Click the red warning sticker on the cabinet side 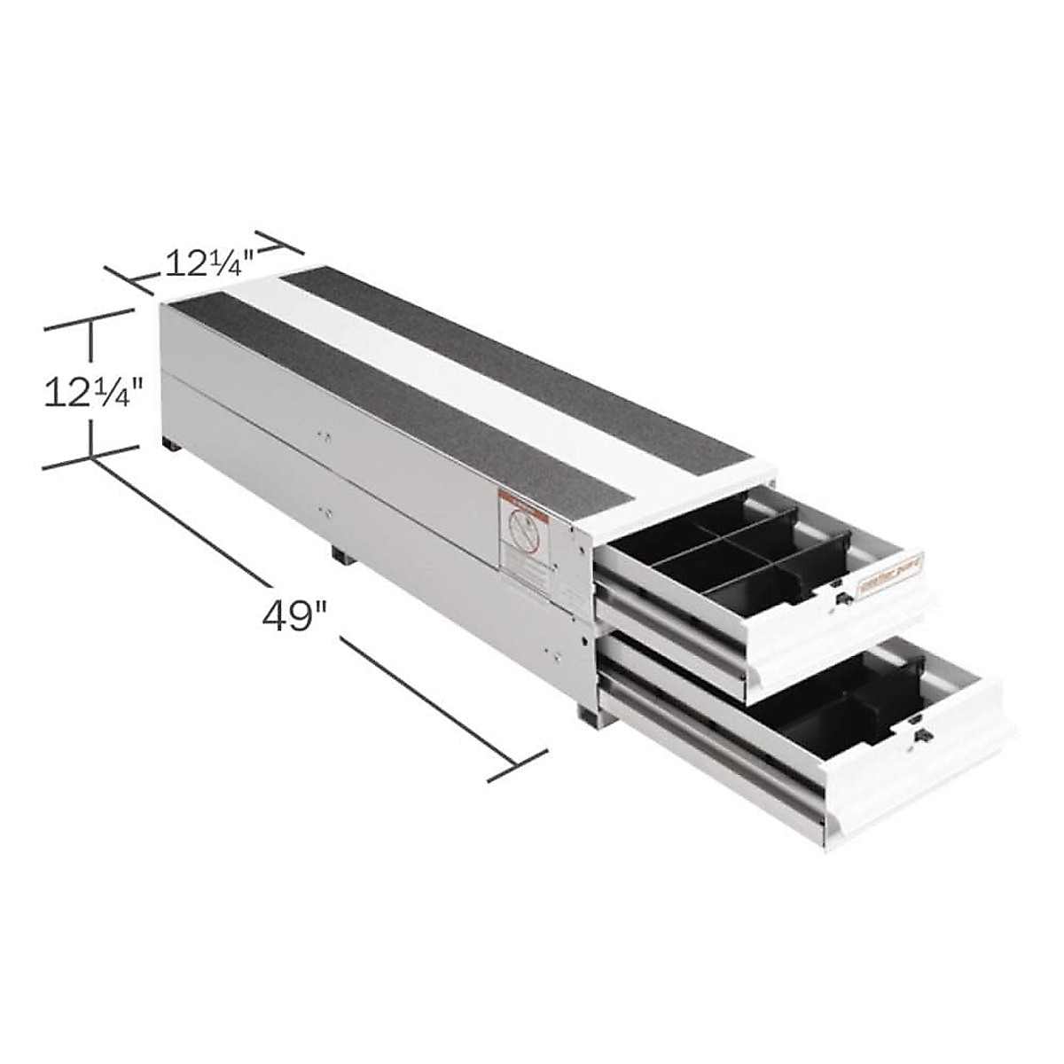click(x=522, y=531)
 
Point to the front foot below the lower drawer click(x=589, y=712)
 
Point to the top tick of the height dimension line click(x=89, y=319)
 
